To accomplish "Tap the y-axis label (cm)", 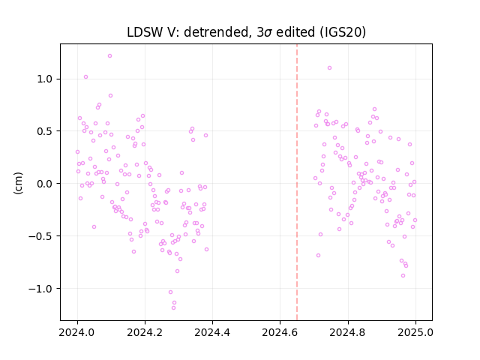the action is coord(18,183).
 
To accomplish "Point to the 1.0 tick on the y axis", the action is coord(44,79).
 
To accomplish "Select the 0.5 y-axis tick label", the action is coord(44,131).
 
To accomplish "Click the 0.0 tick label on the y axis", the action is coord(44,184).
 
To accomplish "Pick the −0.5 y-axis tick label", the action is coord(40,236).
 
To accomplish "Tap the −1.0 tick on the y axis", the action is coord(40,288).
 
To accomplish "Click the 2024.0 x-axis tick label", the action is coord(77,332).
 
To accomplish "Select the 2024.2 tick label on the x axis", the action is coord(145,332).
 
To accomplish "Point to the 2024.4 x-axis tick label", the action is coord(212,332).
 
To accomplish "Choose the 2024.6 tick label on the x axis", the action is coord(280,332).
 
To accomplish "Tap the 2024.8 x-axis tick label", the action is coord(348,332).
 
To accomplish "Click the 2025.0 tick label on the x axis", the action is coord(415,332).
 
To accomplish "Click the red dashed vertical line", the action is coord(297,182).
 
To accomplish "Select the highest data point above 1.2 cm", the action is coord(110,56).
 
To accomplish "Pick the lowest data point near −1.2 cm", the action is coord(173,307).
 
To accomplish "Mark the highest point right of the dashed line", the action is coord(330,68).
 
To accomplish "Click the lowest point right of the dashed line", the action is coord(403,275).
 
